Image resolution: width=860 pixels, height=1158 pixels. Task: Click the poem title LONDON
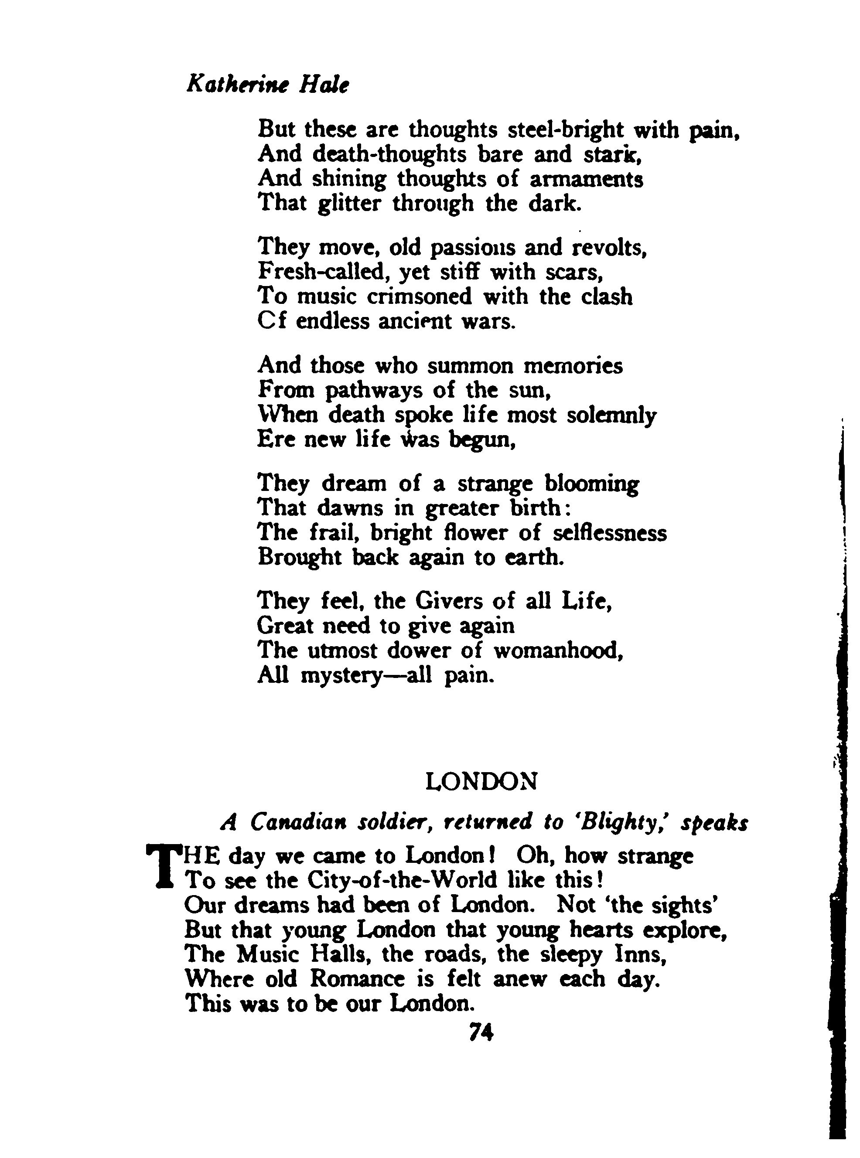[x=481, y=781]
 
